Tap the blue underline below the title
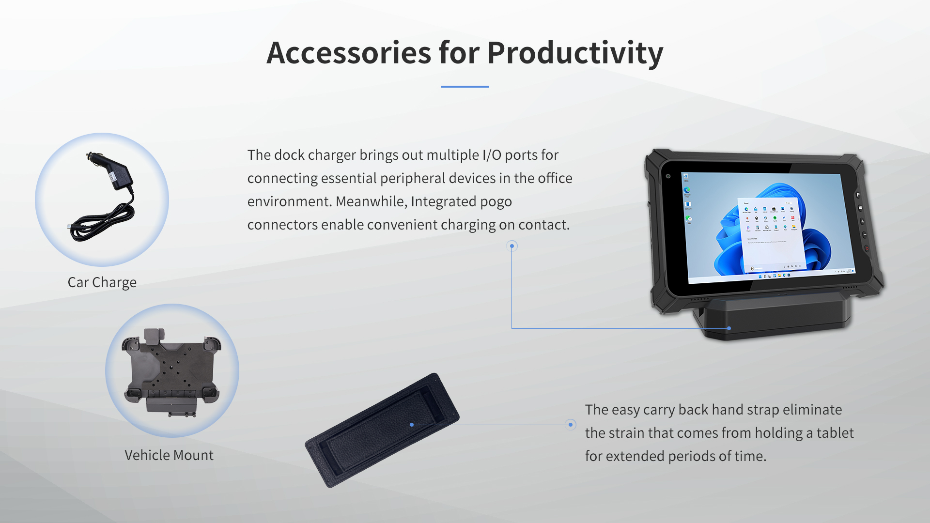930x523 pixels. [465, 87]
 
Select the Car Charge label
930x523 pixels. [102, 282]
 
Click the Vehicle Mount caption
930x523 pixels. [169, 455]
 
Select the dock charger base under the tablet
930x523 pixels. [775, 317]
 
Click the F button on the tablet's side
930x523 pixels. [858, 195]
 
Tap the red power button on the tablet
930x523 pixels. [867, 248]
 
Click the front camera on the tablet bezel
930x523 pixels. [668, 176]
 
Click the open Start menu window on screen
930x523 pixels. [770, 232]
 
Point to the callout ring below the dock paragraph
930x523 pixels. [512, 246]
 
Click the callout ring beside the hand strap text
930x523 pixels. [571, 425]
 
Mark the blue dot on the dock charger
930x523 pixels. [729, 328]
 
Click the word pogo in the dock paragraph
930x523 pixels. [496, 201]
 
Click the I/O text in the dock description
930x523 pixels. [492, 155]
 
